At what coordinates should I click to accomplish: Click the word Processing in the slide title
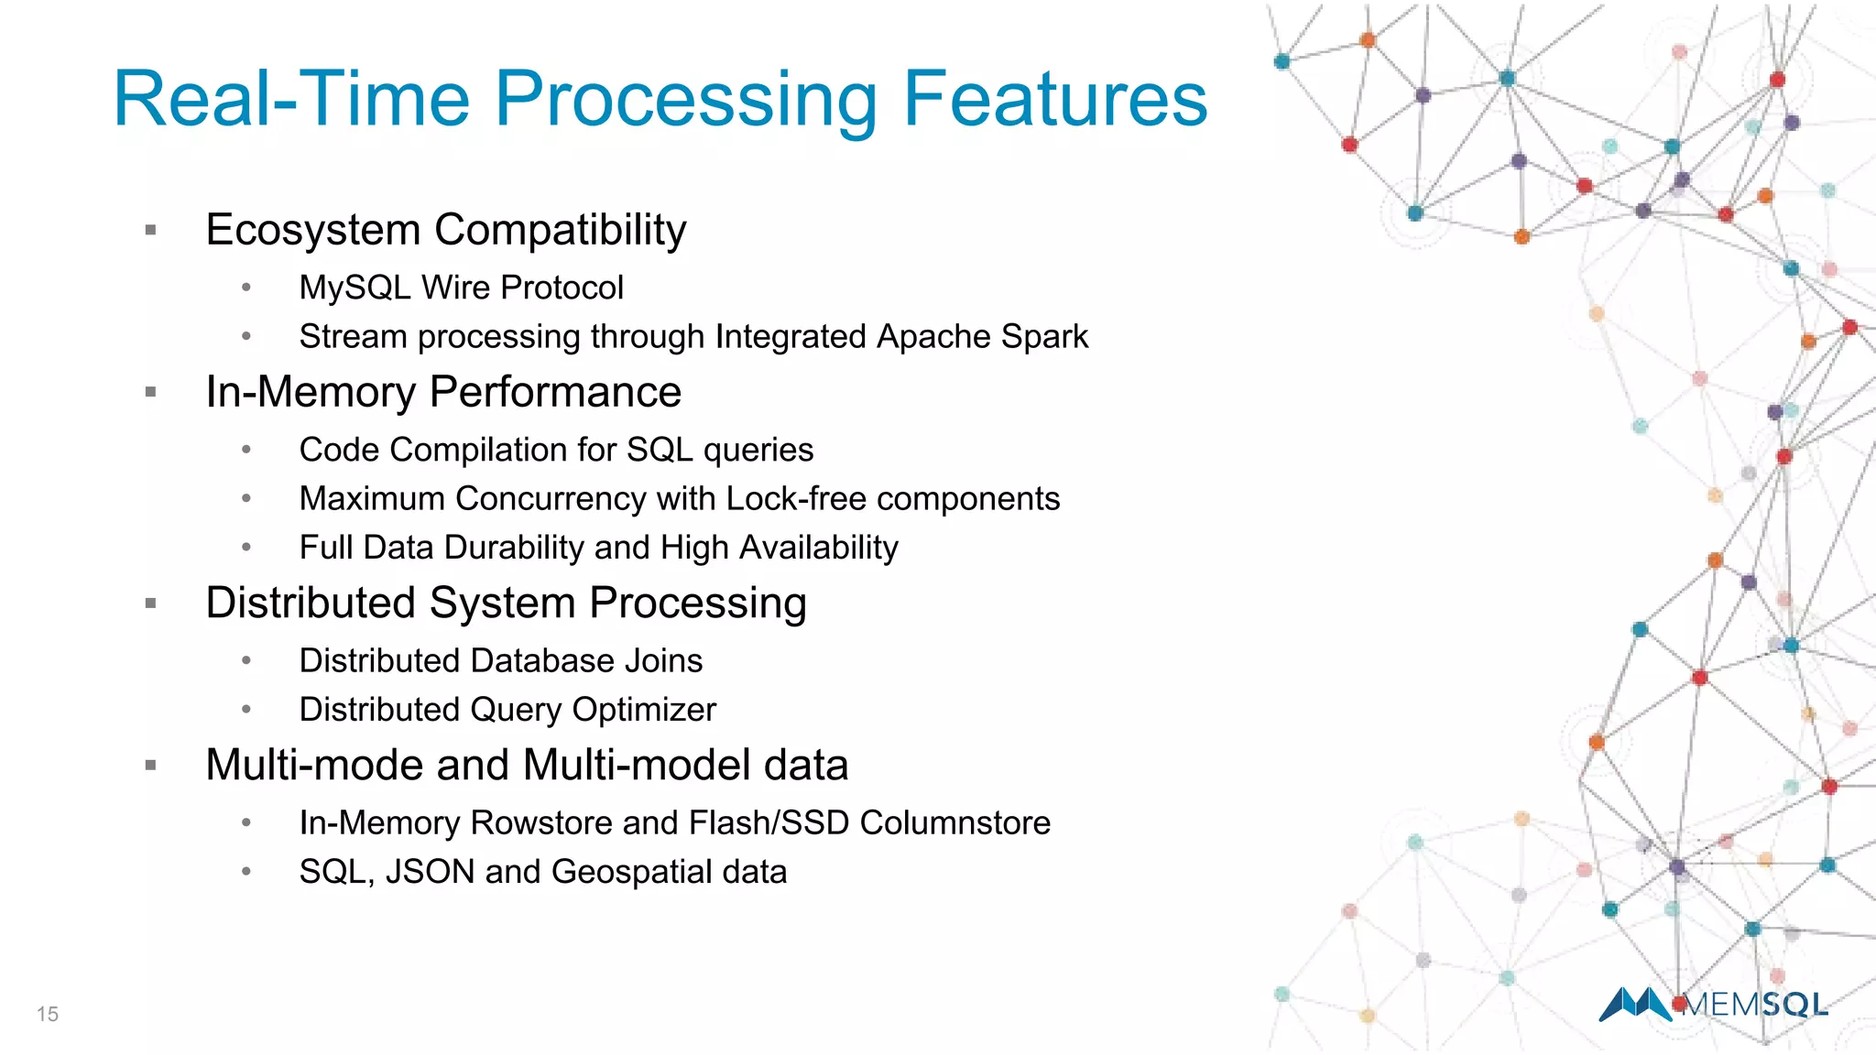685,101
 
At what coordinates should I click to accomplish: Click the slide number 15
48,1014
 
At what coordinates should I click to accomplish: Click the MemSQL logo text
1755,1005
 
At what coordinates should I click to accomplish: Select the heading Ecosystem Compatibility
445,229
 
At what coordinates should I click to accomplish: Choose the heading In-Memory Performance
443,392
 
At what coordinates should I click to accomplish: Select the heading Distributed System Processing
506,603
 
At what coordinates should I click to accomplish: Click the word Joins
663,661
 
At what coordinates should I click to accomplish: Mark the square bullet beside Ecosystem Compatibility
151,230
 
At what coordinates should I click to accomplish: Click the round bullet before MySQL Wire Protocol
245,288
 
